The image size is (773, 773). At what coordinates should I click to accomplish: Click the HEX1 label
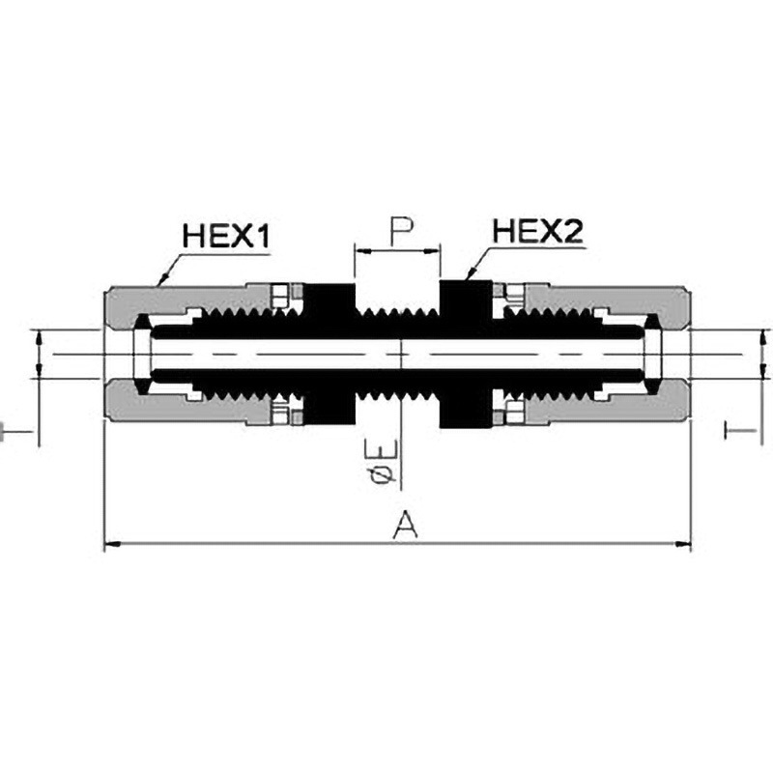pyautogui.click(x=226, y=236)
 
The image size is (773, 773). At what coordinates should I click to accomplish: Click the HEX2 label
pyautogui.click(x=538, y=231)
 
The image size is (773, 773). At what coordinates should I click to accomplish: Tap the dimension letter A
pyautogui.click(x=405, y=525)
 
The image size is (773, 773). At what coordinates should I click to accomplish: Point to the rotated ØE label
pyautogui.click(x=382, y=464)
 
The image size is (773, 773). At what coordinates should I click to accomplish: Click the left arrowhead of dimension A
pyautogui.click(x=113, y=544)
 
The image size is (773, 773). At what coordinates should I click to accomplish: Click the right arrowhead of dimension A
pyautogui.click(x=683, y=544)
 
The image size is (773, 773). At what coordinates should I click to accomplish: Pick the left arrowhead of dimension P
pyautogui.click(x=361, y=251)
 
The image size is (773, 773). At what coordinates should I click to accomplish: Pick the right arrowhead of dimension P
pyautogui.click(x=432, y=251)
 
